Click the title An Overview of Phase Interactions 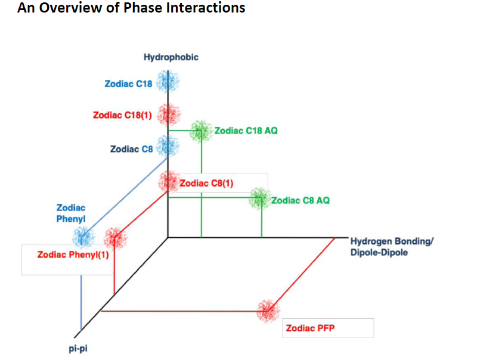(131, 8)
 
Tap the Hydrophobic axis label (171, 58)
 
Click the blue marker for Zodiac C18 (168, 82)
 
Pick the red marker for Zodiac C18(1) (169, 114)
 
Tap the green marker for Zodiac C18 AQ (201, 131)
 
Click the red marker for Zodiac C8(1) (169, 182)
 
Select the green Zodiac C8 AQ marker (260, 199)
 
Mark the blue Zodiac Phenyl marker (83, 237)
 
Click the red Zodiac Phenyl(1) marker (114, 238)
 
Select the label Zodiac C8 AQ (301, 200)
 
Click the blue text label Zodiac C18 (128, 83)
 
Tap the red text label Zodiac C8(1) (206, 183)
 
